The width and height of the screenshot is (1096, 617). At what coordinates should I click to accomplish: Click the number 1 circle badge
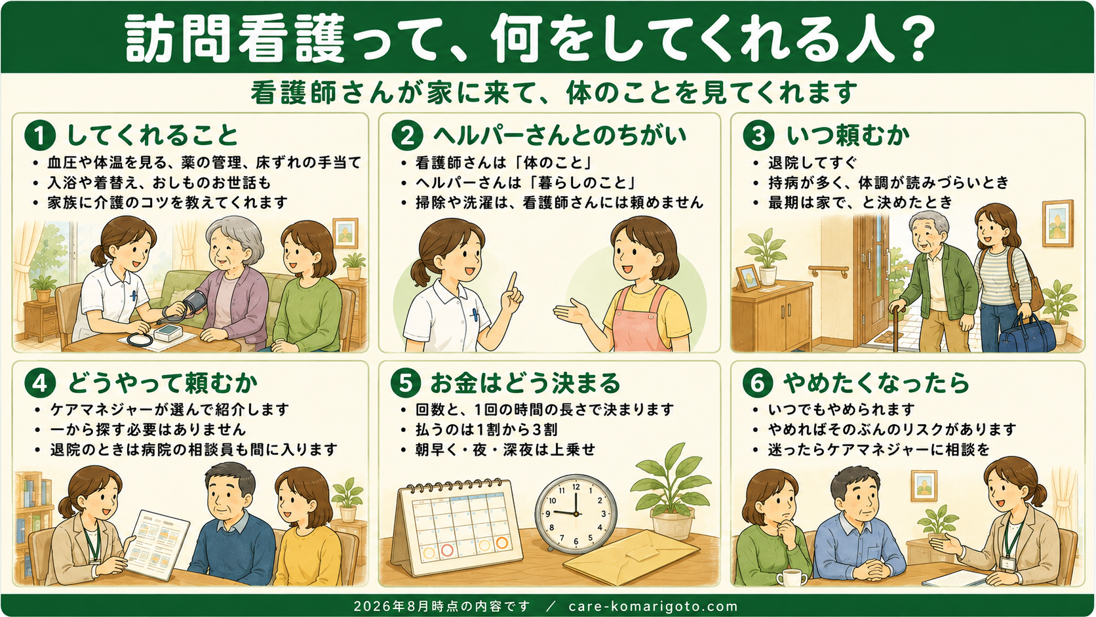pyautogui.click(x=39, y=136)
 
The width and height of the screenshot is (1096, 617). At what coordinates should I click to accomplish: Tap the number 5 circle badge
pyautogui.click(x=406, y=383)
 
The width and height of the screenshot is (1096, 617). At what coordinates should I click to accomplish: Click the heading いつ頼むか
pyautogui.click(x=848, y=136)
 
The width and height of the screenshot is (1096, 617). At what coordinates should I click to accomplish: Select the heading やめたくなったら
pyautogui.click(x=875, y=383)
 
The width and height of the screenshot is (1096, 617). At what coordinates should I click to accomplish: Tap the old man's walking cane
pyautogui.click(x=896, y=328)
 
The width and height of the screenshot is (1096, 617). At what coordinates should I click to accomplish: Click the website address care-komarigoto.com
pyautogui.click(x=653, y=607)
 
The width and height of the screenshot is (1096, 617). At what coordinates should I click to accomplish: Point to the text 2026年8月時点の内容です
pyautogui.click(x=442, y=607)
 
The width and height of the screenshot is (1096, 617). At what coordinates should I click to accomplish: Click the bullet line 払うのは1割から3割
pyautogui.click(x=486, y=429)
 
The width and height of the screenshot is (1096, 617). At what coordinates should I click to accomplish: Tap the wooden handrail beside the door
pyautogui.click(x=829, y=271)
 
